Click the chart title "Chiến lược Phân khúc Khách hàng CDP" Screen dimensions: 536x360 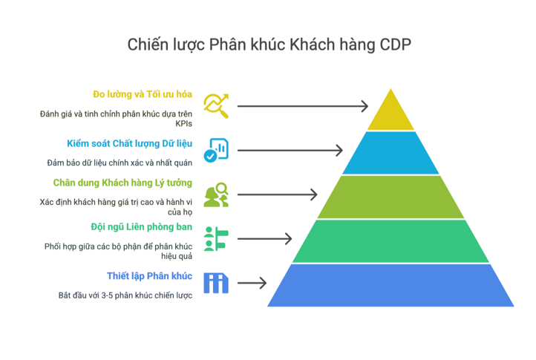[x=269, y=45]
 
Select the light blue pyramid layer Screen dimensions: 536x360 [x=390, y=153]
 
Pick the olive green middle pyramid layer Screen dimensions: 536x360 [x=390, y=197]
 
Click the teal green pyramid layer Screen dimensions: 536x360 [x=390, y=241]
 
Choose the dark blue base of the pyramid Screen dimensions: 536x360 [x=390, y=285]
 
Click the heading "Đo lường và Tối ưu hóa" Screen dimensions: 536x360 [x=143, y=94]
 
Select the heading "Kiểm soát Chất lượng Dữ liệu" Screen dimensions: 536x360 [x=129, y=143]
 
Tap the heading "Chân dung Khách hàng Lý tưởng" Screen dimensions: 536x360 [x=122, y=183]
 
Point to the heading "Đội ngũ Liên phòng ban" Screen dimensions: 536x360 [x=141, y=227]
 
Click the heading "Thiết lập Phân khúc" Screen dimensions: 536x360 [x=149, y=276]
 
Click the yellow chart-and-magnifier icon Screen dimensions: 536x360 [x=216, y=106]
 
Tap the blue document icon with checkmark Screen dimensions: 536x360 [x=216, y=150]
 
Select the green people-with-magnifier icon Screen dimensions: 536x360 [x=216, y=194]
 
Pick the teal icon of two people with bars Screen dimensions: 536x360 [x=216, y=238]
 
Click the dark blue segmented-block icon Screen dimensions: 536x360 [x=216, y=283]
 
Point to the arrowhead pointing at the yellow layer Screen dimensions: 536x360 [x=365, y=106]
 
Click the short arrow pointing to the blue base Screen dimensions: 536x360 [x=252, y=283]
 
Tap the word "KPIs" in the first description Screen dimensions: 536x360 [x=183, y=124]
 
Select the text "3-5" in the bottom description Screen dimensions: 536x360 [x=107, y=295]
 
